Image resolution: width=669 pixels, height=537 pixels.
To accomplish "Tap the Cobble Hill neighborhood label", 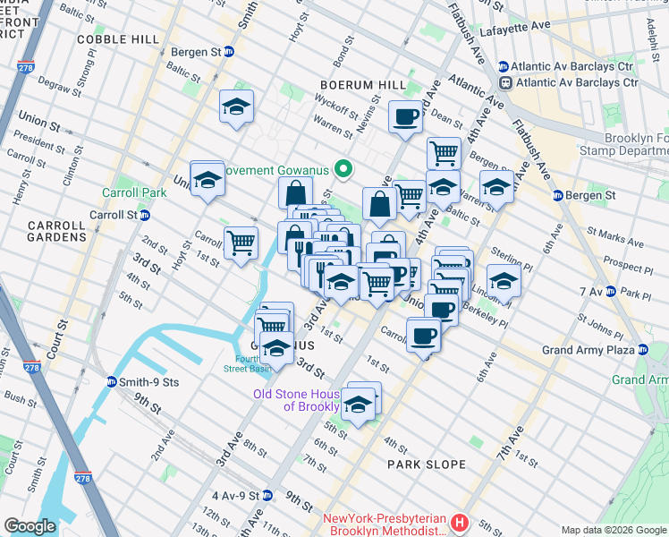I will (x=118, y=39).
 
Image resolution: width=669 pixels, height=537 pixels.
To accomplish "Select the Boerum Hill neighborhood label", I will (x=357, y=85).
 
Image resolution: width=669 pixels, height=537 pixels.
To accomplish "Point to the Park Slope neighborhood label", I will (x=427, y=465).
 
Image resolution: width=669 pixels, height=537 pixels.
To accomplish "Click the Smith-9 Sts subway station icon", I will (x=112, y=382).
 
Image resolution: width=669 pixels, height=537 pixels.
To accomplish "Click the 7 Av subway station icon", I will (x=610, y=292).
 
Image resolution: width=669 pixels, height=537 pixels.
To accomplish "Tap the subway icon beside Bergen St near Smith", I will (x=228, y=52).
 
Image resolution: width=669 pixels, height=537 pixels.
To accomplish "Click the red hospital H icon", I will (x=460, y=522).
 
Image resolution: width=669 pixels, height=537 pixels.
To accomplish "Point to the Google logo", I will (x=30, y=526).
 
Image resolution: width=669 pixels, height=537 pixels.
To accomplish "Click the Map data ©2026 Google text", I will (x=613, y=530).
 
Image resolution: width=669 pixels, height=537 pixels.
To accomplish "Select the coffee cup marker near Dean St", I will (x=405, y=116).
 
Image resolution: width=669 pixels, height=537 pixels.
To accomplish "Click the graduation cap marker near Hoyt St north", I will (x=237, y=107).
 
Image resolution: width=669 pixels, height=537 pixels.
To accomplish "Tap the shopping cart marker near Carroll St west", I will (x=241, y=243).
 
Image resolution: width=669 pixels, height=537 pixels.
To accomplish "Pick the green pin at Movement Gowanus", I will (x=342, y=168).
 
